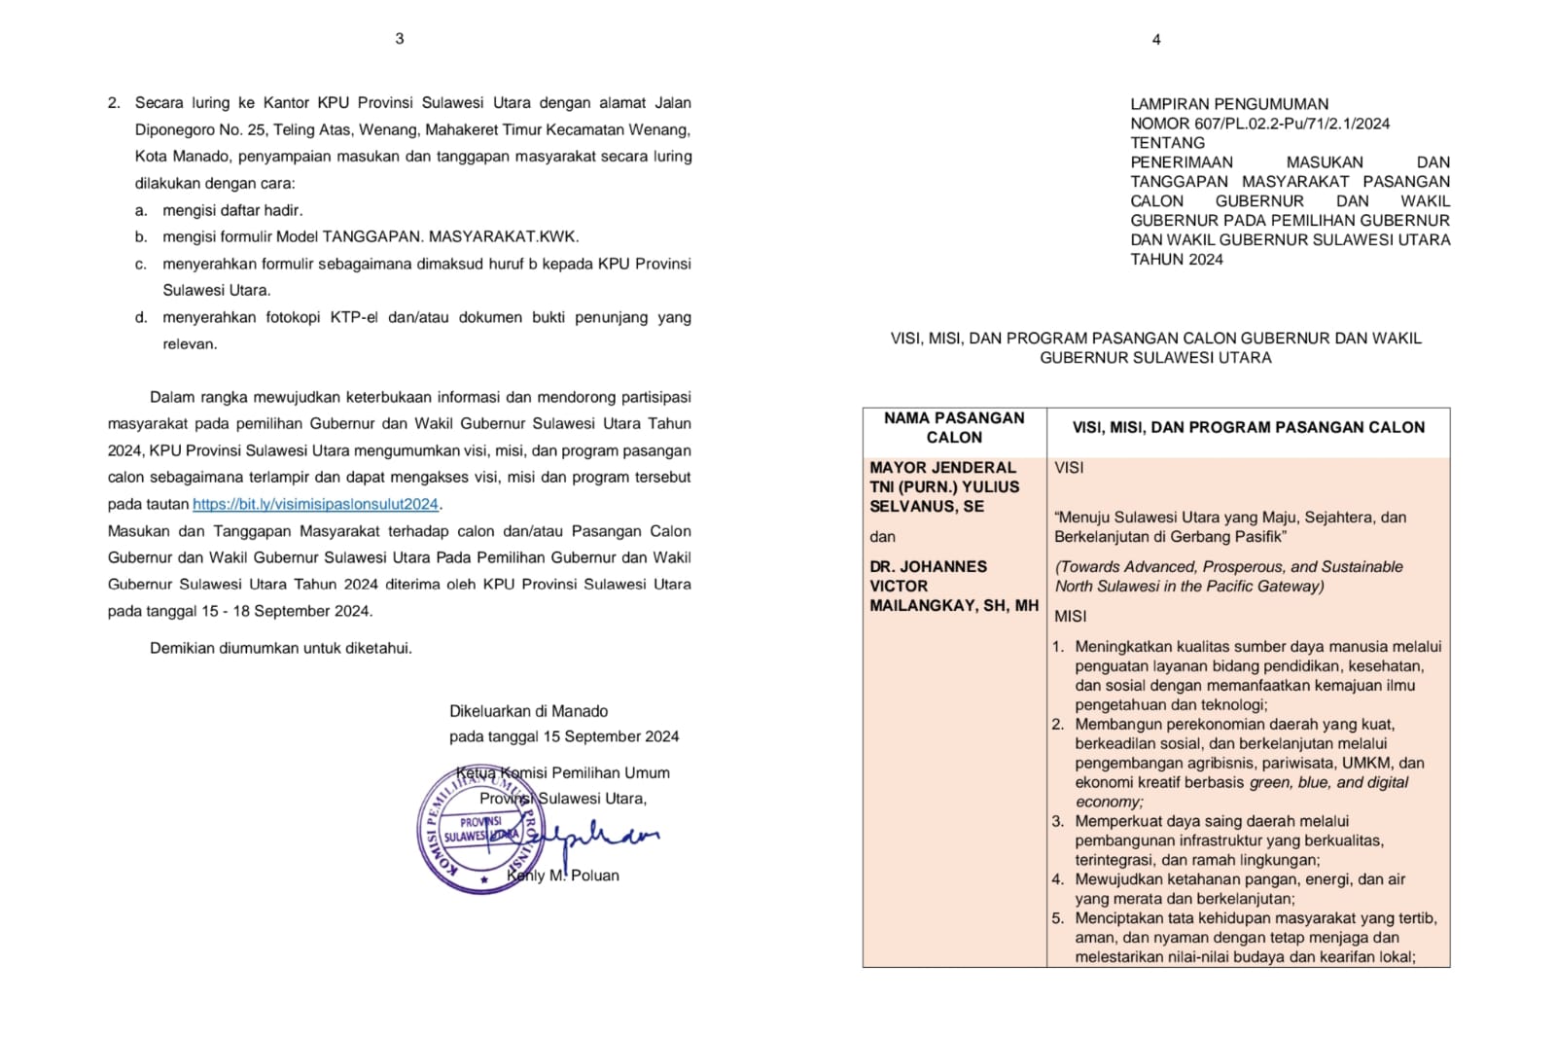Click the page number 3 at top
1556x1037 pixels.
[x=400, y=39]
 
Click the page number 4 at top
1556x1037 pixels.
[x=1155, y=40]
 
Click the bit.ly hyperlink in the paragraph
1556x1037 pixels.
[x=315, y=504]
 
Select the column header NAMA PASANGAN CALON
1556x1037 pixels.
[x=953, y=428]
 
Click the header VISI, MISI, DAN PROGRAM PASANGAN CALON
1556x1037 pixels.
[x=1248, y=428]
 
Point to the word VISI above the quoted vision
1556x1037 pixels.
[x=1069, y=468]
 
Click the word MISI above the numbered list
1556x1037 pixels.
[x=1070, y=617]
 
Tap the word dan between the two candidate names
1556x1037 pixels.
[x=882, y=537]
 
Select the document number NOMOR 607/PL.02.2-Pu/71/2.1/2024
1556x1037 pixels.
[x=1259, y=124]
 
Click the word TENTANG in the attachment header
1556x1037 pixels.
[x=1167, y=143]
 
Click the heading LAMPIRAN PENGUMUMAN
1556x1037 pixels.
[x=1228, y=104]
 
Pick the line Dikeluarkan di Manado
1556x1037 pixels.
[x=528, y=711]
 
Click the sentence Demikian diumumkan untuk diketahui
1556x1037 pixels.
[x=280, y=648]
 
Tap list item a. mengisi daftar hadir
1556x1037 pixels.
[x=231, y=210]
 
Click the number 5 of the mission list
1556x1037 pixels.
[x=1058, y=918]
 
